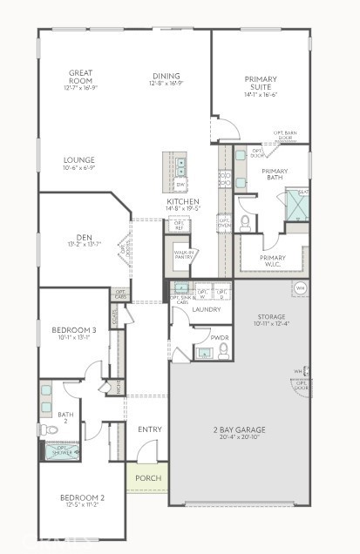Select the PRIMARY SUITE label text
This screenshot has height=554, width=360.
(260, 84)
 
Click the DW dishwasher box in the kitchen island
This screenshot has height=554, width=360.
(180, 186)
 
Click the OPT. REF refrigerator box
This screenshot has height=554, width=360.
(180, 224)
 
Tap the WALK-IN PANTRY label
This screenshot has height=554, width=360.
(184, 255)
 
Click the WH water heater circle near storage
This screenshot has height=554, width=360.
(300, 288)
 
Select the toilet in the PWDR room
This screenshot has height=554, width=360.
(223, 349)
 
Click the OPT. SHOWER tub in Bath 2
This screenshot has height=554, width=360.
(63, 450)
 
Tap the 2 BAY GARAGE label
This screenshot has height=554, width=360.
(238, 429)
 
